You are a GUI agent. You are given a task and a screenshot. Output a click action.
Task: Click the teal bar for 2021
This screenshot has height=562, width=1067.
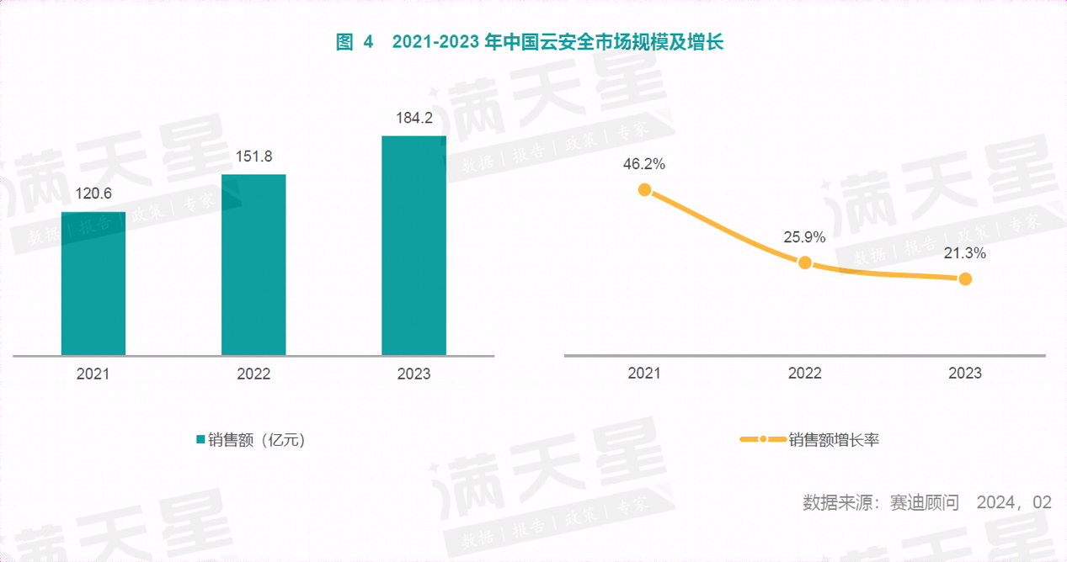[93, 284]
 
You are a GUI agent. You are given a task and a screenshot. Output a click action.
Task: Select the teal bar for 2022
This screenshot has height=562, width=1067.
[253, 265]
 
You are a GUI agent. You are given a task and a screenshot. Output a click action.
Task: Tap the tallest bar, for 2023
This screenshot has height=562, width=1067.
[413, 246]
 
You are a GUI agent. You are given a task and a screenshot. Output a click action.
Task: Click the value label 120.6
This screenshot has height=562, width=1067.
[93, 194]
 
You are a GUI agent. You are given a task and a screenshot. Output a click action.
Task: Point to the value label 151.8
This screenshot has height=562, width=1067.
[253, 156]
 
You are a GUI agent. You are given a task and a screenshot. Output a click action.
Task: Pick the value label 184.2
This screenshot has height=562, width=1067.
[413, 118]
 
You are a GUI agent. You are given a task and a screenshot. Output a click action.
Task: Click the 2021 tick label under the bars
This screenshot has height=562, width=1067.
[93, 374]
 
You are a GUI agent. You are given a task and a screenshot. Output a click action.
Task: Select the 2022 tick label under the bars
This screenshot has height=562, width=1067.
[253, 374]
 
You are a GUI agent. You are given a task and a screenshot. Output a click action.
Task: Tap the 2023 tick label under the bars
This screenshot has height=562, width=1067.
[413, 374]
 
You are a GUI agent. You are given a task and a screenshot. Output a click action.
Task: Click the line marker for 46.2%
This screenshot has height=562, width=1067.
[644, 190]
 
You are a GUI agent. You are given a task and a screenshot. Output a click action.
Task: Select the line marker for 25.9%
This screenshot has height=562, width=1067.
[804, 262]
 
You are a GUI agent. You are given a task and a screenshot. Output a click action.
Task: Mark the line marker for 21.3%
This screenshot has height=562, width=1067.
[965, 278]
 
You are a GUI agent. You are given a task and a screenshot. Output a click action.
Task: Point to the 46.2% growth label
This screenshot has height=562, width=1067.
[644, 165]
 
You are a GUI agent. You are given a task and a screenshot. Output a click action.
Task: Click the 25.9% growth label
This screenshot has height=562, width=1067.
[804, 237]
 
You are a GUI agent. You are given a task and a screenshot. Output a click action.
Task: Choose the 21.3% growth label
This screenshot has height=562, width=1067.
[965, 253]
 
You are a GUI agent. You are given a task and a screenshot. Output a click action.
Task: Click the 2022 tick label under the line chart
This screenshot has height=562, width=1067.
[804, 373]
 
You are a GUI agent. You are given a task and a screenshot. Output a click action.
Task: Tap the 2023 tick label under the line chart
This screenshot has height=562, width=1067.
[965, 373]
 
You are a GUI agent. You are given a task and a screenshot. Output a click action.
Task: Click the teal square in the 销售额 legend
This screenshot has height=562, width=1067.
[200, 439]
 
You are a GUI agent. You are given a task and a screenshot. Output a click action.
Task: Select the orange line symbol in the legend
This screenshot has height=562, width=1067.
[762, 439]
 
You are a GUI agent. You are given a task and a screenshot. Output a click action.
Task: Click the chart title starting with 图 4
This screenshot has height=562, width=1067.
[530, 43]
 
